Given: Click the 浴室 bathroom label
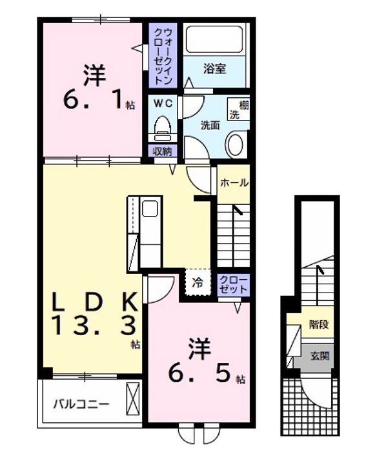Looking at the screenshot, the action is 215,69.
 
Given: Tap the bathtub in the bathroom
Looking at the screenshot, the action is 215,40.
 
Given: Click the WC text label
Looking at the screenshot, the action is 163,103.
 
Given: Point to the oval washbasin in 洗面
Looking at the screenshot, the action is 235,145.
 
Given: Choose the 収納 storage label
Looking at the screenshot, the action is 162,151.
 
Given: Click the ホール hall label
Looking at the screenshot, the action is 234,183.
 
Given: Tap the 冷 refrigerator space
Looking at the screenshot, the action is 198,282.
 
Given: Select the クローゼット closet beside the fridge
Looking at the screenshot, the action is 234,285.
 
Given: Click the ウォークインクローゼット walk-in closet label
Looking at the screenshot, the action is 163,56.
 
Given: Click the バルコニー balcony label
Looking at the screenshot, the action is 81,404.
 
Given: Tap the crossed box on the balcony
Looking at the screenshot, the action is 132,399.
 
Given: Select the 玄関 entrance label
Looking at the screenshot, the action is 320,356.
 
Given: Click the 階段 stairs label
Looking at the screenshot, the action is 319,324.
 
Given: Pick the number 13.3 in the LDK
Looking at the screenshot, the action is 94,325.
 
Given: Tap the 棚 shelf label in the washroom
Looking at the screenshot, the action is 244,105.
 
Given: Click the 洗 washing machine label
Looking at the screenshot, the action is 234,115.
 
